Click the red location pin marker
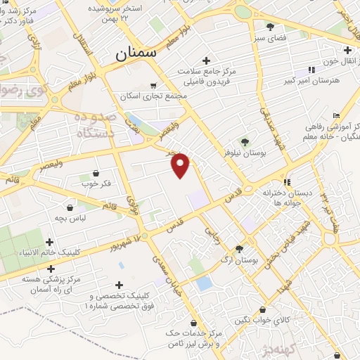click(181, 165)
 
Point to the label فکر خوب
click(96, 184)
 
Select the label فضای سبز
click(270, 37)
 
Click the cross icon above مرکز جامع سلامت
click(205, 60)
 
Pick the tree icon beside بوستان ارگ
click(240, 248)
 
